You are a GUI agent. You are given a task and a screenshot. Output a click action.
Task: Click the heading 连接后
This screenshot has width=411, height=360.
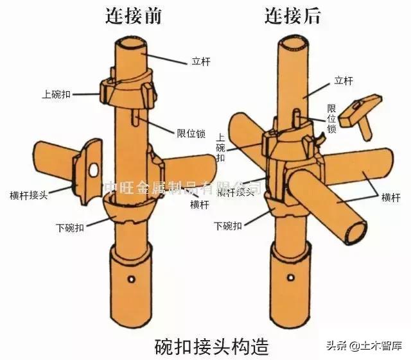(292, 15)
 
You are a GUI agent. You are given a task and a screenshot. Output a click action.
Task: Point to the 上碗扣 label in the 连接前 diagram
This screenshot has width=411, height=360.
(55, 94)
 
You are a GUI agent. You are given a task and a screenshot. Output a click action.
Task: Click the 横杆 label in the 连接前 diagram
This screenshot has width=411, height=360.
(199, 204)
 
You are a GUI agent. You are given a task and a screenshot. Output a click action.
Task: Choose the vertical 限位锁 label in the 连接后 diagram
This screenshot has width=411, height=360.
(331, 118)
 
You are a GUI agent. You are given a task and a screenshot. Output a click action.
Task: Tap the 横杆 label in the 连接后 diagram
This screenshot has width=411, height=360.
(390, 197)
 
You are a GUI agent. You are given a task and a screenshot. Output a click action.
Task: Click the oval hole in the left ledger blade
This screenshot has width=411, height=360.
(94, 170)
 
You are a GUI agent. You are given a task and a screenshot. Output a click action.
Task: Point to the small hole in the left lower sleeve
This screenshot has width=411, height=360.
(132, 278)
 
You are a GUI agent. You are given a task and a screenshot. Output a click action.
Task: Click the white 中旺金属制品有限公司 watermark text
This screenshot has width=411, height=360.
(183, 187)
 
